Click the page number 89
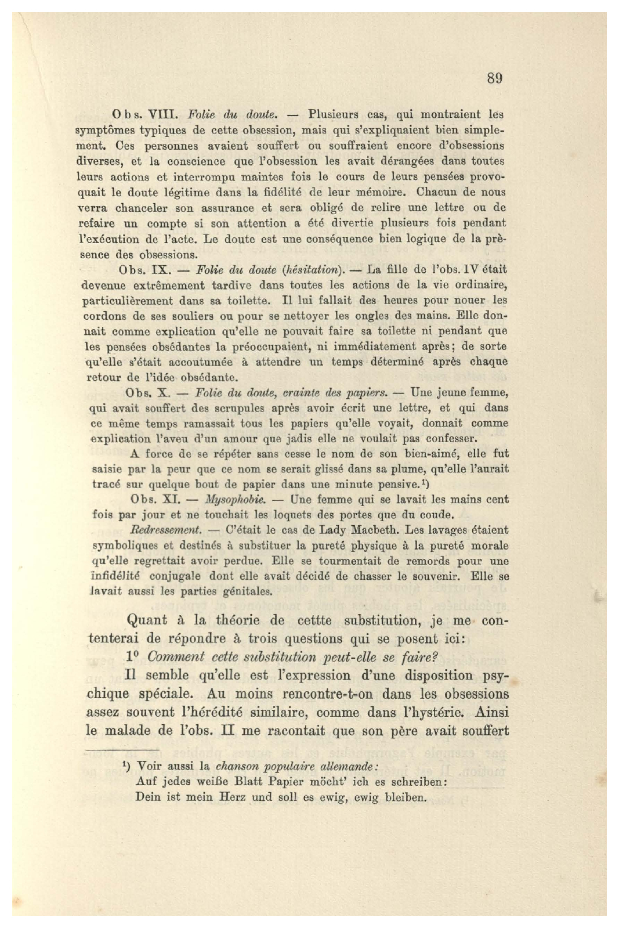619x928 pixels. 494,78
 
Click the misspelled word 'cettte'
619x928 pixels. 313,620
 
